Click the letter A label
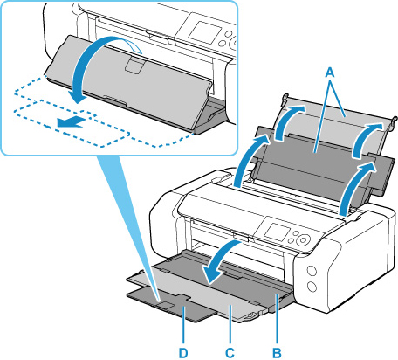point(329,73)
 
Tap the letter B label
point(277,353)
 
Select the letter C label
point(230,353)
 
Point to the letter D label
point(183,353)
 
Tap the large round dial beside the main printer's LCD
point(304,240)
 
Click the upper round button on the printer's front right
point(312,271)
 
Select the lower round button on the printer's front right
point(312,287)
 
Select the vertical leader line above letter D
point(183,325)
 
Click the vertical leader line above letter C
point(230,324)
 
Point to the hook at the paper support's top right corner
point(395,121)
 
